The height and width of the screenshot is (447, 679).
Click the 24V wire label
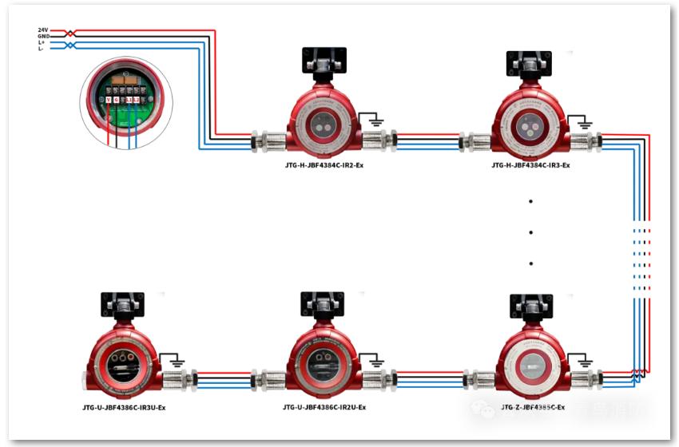pos(42,30)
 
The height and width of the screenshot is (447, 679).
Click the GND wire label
pos(42,37)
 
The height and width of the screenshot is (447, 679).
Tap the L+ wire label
pos(42,42)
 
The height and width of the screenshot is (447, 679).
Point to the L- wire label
pos(42,49)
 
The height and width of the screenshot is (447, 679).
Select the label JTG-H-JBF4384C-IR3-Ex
pos(530,165)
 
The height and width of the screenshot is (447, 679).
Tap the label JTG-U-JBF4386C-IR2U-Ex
pos(324,408)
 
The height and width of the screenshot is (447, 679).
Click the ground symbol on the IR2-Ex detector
pos(371,121)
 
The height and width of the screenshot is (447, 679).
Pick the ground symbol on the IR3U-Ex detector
pos(172,362)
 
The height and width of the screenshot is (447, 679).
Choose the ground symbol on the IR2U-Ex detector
pos(372,362)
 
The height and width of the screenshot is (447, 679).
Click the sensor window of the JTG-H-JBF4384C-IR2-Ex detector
pos(323,125)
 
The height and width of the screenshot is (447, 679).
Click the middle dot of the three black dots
pos(530,233)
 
